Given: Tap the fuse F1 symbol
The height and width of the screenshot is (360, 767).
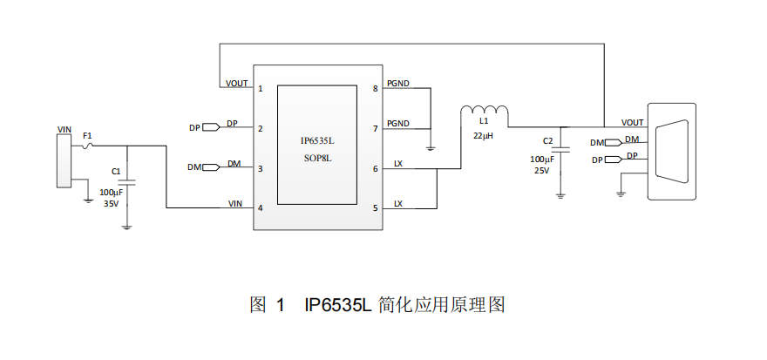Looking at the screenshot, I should click(88, 146).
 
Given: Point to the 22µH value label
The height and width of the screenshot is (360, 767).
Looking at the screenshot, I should click(484, 137).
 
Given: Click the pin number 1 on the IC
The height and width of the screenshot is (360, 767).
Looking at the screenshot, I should click(260, 88).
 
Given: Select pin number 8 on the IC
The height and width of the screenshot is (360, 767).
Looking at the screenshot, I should click(375, 88).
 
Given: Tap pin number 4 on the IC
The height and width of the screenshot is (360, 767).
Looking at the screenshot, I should click(260, 208).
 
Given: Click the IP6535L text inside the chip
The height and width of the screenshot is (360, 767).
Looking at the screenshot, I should click(316, 139).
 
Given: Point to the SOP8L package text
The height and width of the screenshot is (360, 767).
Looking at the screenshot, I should click(316, 159).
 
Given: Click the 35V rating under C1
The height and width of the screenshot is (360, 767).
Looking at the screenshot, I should click(111, 203).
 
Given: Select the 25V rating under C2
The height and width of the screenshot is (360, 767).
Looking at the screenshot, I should click(541, 171).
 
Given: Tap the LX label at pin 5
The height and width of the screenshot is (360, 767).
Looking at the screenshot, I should click(398, 204).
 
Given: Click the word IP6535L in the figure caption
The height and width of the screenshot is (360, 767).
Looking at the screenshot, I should click(338, 305).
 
